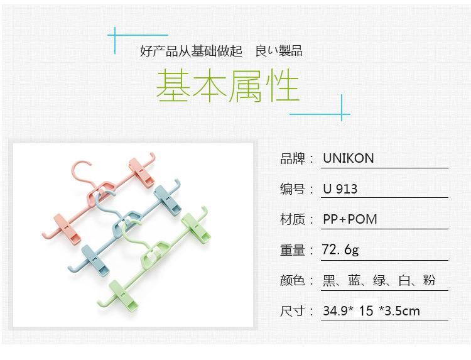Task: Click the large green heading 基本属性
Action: [227, 86]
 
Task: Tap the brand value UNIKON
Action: [349, 158]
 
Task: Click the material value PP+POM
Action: [350, 219]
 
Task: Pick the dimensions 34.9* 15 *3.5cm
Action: [371, 310]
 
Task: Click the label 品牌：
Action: [296, 159]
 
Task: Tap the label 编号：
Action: [296, 189]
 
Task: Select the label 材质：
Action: [296, 219]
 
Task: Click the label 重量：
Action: [296, 250]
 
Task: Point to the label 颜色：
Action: [296, 280]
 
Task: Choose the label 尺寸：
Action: [296, 310]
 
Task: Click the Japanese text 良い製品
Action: [279, 51]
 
